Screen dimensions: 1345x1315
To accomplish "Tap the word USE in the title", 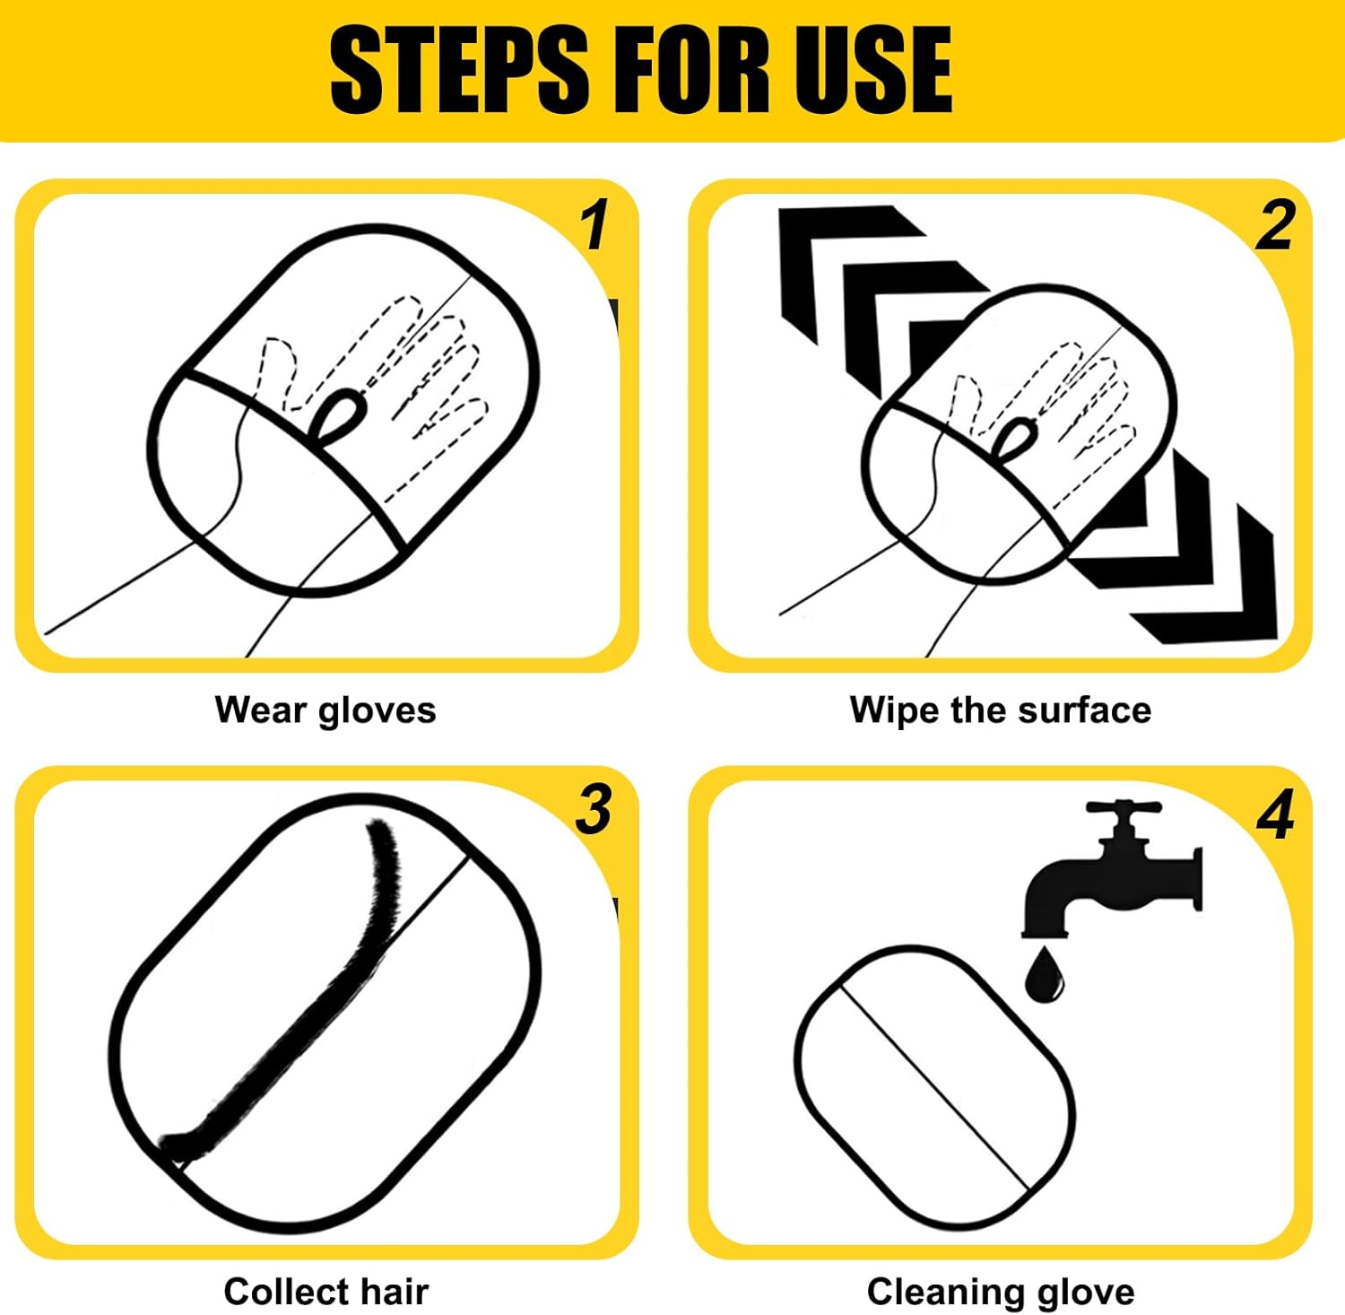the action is [872, 69].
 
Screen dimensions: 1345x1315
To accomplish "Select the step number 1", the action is [594, 225].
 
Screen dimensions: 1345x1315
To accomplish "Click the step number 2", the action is [1275, 225].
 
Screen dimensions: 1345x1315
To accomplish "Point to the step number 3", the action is [594, 809].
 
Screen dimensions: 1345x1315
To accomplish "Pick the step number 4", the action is [1275, 814].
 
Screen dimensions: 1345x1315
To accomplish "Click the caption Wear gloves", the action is [325, 710].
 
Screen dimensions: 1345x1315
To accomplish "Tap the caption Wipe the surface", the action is [1001, 710].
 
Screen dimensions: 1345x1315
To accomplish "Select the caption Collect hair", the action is [326, 1292].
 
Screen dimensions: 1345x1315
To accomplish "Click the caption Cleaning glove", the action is [1001, 1293].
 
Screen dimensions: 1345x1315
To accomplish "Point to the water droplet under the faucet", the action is [1043, 976].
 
